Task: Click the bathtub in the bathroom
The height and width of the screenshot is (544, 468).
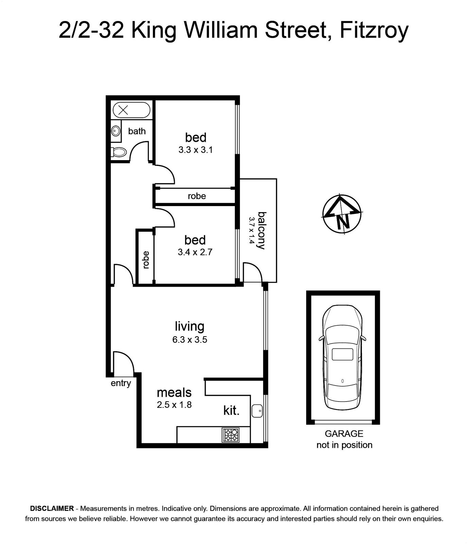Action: click(x=131, y=110)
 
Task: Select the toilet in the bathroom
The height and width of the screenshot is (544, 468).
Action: click(x=119, y=152)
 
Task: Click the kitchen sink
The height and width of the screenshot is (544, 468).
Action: click(x=257, y=411)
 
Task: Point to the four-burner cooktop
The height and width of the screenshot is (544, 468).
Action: click(x=230, y=435)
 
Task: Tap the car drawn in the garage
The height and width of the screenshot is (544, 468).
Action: click(x=343, y=357)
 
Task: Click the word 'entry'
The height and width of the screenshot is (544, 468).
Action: click(x=121, y=383)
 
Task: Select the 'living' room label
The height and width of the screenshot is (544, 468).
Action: click(x=190, y=326)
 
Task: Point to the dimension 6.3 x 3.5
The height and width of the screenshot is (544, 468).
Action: click(x=190, y=339)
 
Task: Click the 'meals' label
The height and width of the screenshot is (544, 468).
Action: click(x=174, y=392)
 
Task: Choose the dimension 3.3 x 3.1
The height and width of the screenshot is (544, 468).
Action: click(x=195, y=150)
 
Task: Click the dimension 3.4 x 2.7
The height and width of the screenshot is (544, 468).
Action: click(x=195, y=252)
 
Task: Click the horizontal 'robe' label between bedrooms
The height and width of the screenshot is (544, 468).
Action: click(x=197, y=196)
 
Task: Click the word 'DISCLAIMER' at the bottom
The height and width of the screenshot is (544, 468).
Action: click(x=52, y=509)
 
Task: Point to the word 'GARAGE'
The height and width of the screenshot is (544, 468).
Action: click(x=344, y=434)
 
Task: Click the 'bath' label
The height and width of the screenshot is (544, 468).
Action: click(x=137, y=131)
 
